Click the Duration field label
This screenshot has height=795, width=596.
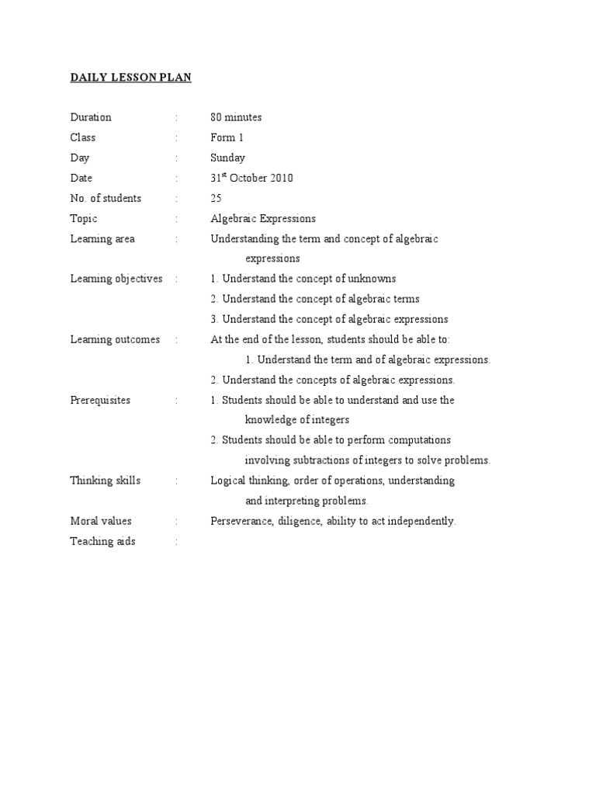91,117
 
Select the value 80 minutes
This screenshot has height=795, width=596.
236,117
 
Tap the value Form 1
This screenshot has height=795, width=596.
227,137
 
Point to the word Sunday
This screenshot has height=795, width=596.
227,158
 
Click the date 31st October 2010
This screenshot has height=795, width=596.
251,178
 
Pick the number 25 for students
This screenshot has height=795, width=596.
216,198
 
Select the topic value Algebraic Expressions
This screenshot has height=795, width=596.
263,218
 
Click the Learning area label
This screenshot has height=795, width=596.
102,238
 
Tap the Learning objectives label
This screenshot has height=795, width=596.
116,279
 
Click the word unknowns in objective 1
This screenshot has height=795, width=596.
371,279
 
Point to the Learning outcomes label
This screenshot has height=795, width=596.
115,339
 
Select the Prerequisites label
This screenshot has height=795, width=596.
100,400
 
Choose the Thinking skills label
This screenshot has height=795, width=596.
106,481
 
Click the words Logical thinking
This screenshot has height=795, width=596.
248,481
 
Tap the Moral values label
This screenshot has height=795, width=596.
101,521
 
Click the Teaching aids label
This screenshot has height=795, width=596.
102,541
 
